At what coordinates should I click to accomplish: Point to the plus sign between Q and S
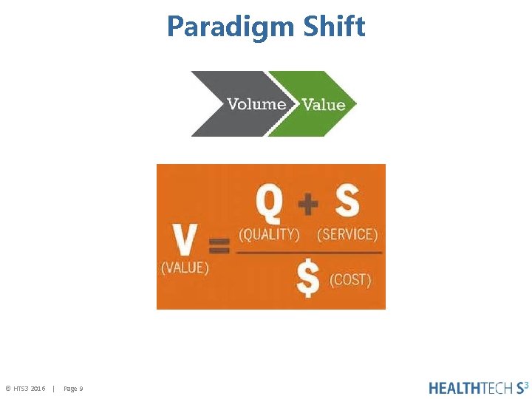308,203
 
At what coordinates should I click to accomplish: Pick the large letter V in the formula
184,240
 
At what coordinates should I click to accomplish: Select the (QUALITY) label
269,234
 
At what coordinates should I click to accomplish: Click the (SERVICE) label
347,234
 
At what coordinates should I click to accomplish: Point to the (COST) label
350,280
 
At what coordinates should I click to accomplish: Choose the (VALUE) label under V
185,267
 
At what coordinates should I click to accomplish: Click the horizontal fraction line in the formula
309,253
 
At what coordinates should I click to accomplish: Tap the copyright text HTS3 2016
26,389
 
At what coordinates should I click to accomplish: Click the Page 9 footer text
73,389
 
